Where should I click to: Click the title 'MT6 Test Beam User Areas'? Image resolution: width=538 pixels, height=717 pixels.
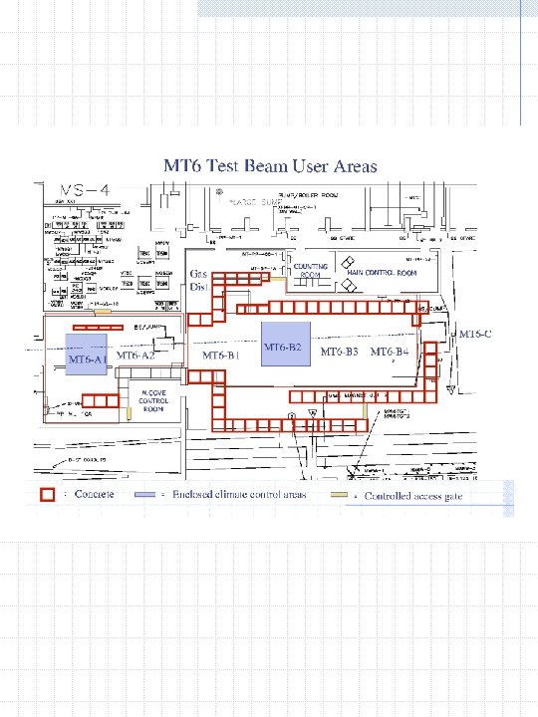click(x=270, y=165)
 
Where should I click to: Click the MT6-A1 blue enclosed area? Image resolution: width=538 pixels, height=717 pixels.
click(x=86, y=356)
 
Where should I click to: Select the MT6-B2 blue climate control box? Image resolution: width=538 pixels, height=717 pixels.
click(x=284, y=345)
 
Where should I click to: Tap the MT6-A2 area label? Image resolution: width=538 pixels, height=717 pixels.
click(x=136, y=355)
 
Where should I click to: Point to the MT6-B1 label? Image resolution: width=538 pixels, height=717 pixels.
click(x=222, y=355)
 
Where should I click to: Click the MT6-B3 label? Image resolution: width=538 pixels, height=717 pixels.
click(x=339, y=353)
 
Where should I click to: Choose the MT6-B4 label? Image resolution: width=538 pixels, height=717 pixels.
click(x=390, y=353)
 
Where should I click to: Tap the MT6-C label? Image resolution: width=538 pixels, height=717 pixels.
click(x=475, y=333)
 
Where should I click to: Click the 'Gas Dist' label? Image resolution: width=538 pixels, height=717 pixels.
click(x=199, y=280)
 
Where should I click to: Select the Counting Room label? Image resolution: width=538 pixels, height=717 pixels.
click(x=318, y=272)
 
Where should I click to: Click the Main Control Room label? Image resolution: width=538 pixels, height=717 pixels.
click(x=383, y=272)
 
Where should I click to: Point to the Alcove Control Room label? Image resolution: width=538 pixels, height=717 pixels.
click(x=154, y=400)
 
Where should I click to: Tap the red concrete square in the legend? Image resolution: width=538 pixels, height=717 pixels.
click(x=46, y=494)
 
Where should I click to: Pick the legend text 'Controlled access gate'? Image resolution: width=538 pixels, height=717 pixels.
click(x=412, y=496)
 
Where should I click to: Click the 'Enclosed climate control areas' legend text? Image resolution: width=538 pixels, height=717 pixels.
click(x=239, y=494)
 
